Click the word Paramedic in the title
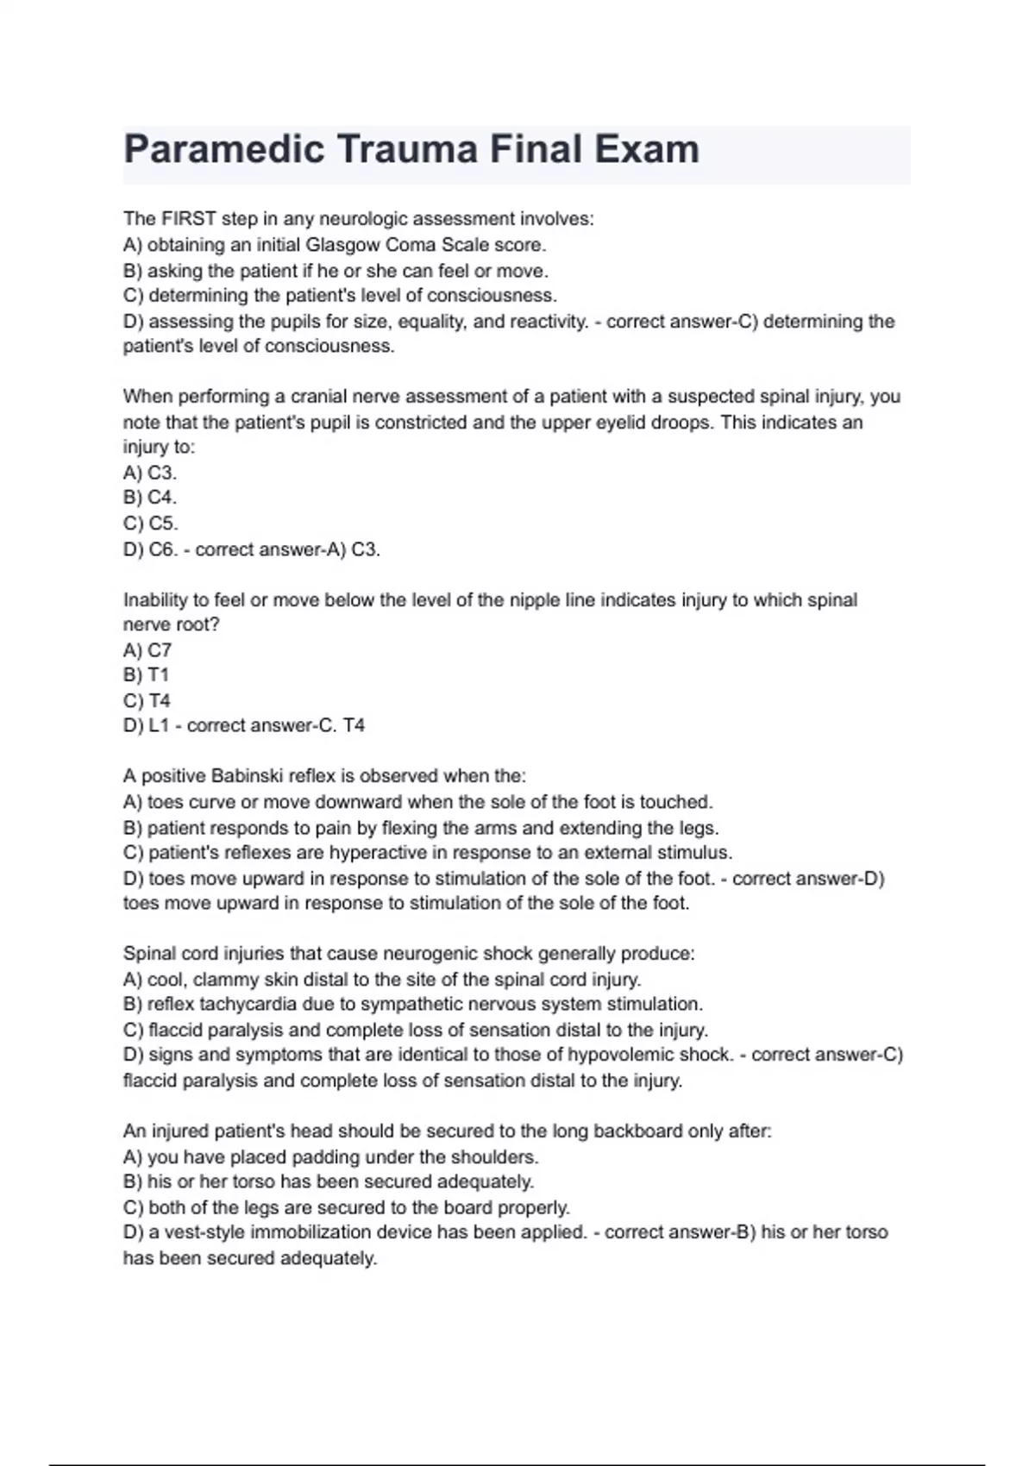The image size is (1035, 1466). [x=223, y=149]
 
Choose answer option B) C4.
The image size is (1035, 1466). [x=150, y=498]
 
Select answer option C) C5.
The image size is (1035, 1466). [x=151, y=523]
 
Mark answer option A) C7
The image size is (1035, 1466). [x=147, y=650]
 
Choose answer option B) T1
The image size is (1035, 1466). [x=147, y=675]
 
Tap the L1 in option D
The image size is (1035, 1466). [x=160, y=726]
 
